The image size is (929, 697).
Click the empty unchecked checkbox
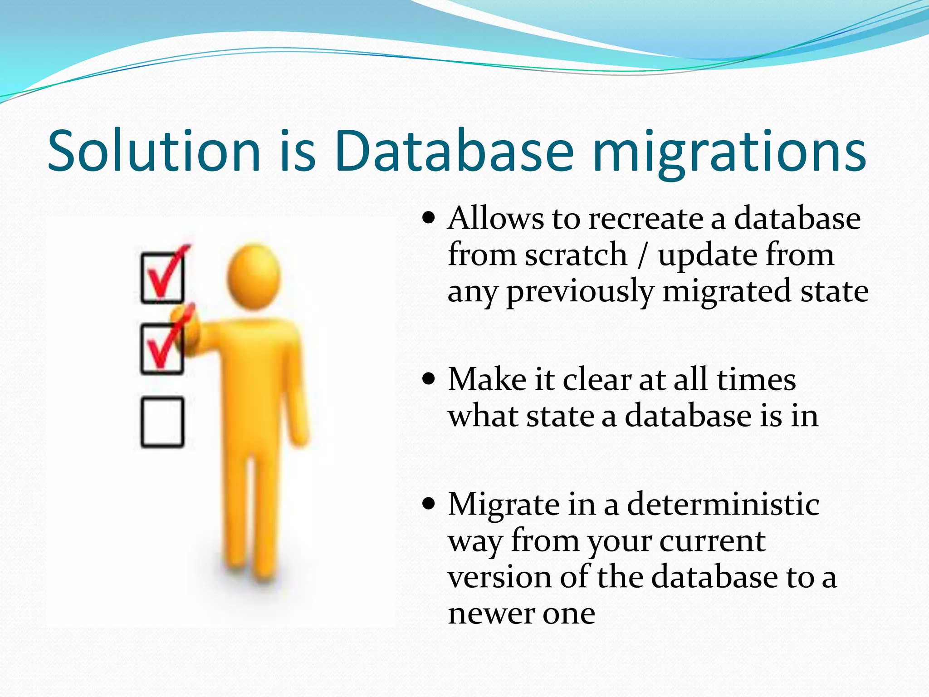coord(162,422)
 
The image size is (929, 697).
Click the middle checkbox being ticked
coord(161,349)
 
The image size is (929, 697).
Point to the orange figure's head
coord(254,277)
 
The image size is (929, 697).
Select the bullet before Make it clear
coord(428,378)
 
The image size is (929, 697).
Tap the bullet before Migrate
coord(428,504)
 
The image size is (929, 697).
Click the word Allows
coord(495,219)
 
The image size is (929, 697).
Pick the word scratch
coord(576,255)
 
